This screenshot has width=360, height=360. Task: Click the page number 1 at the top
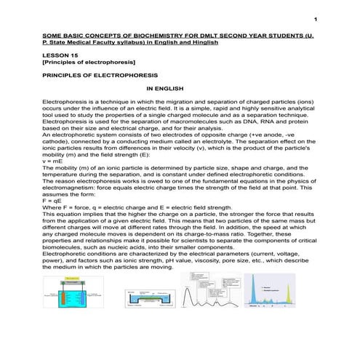point(320,17)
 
